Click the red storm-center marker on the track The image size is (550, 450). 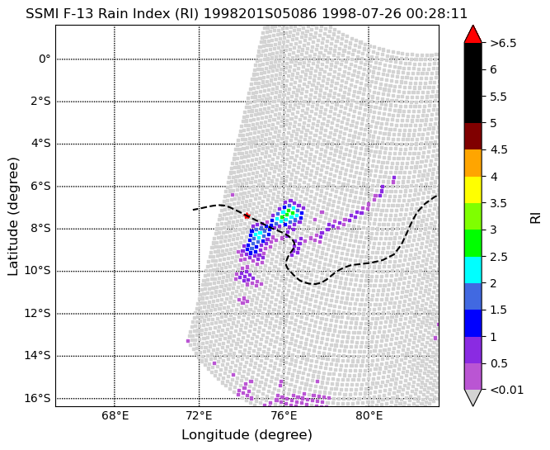(x=247, y=216)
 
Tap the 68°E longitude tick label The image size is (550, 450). (x=115, y=416)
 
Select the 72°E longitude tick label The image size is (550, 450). (x=200, y=416)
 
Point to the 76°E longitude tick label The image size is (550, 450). (x=284, y=416)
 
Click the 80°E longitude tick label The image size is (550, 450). (x=369, y=416)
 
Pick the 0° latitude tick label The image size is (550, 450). (x=45, y=59)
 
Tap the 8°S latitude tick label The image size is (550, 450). (x=39, y=229)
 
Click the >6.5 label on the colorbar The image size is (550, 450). (x=503, y=43)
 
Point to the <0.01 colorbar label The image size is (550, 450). (x=506, y=390)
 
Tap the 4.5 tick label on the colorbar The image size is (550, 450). (x=499, y=149)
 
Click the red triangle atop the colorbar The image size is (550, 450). (x=472, y=35)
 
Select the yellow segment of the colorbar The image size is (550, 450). (x=472, y=190)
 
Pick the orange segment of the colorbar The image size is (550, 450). (x=472, y=163)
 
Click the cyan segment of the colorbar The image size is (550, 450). (x=472, y=270)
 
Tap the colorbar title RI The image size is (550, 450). (x=536, y=216)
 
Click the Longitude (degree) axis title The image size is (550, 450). (x=247, y=435)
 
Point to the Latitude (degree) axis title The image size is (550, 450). (x=12, y=216)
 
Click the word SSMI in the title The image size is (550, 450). (x=41, y=14)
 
